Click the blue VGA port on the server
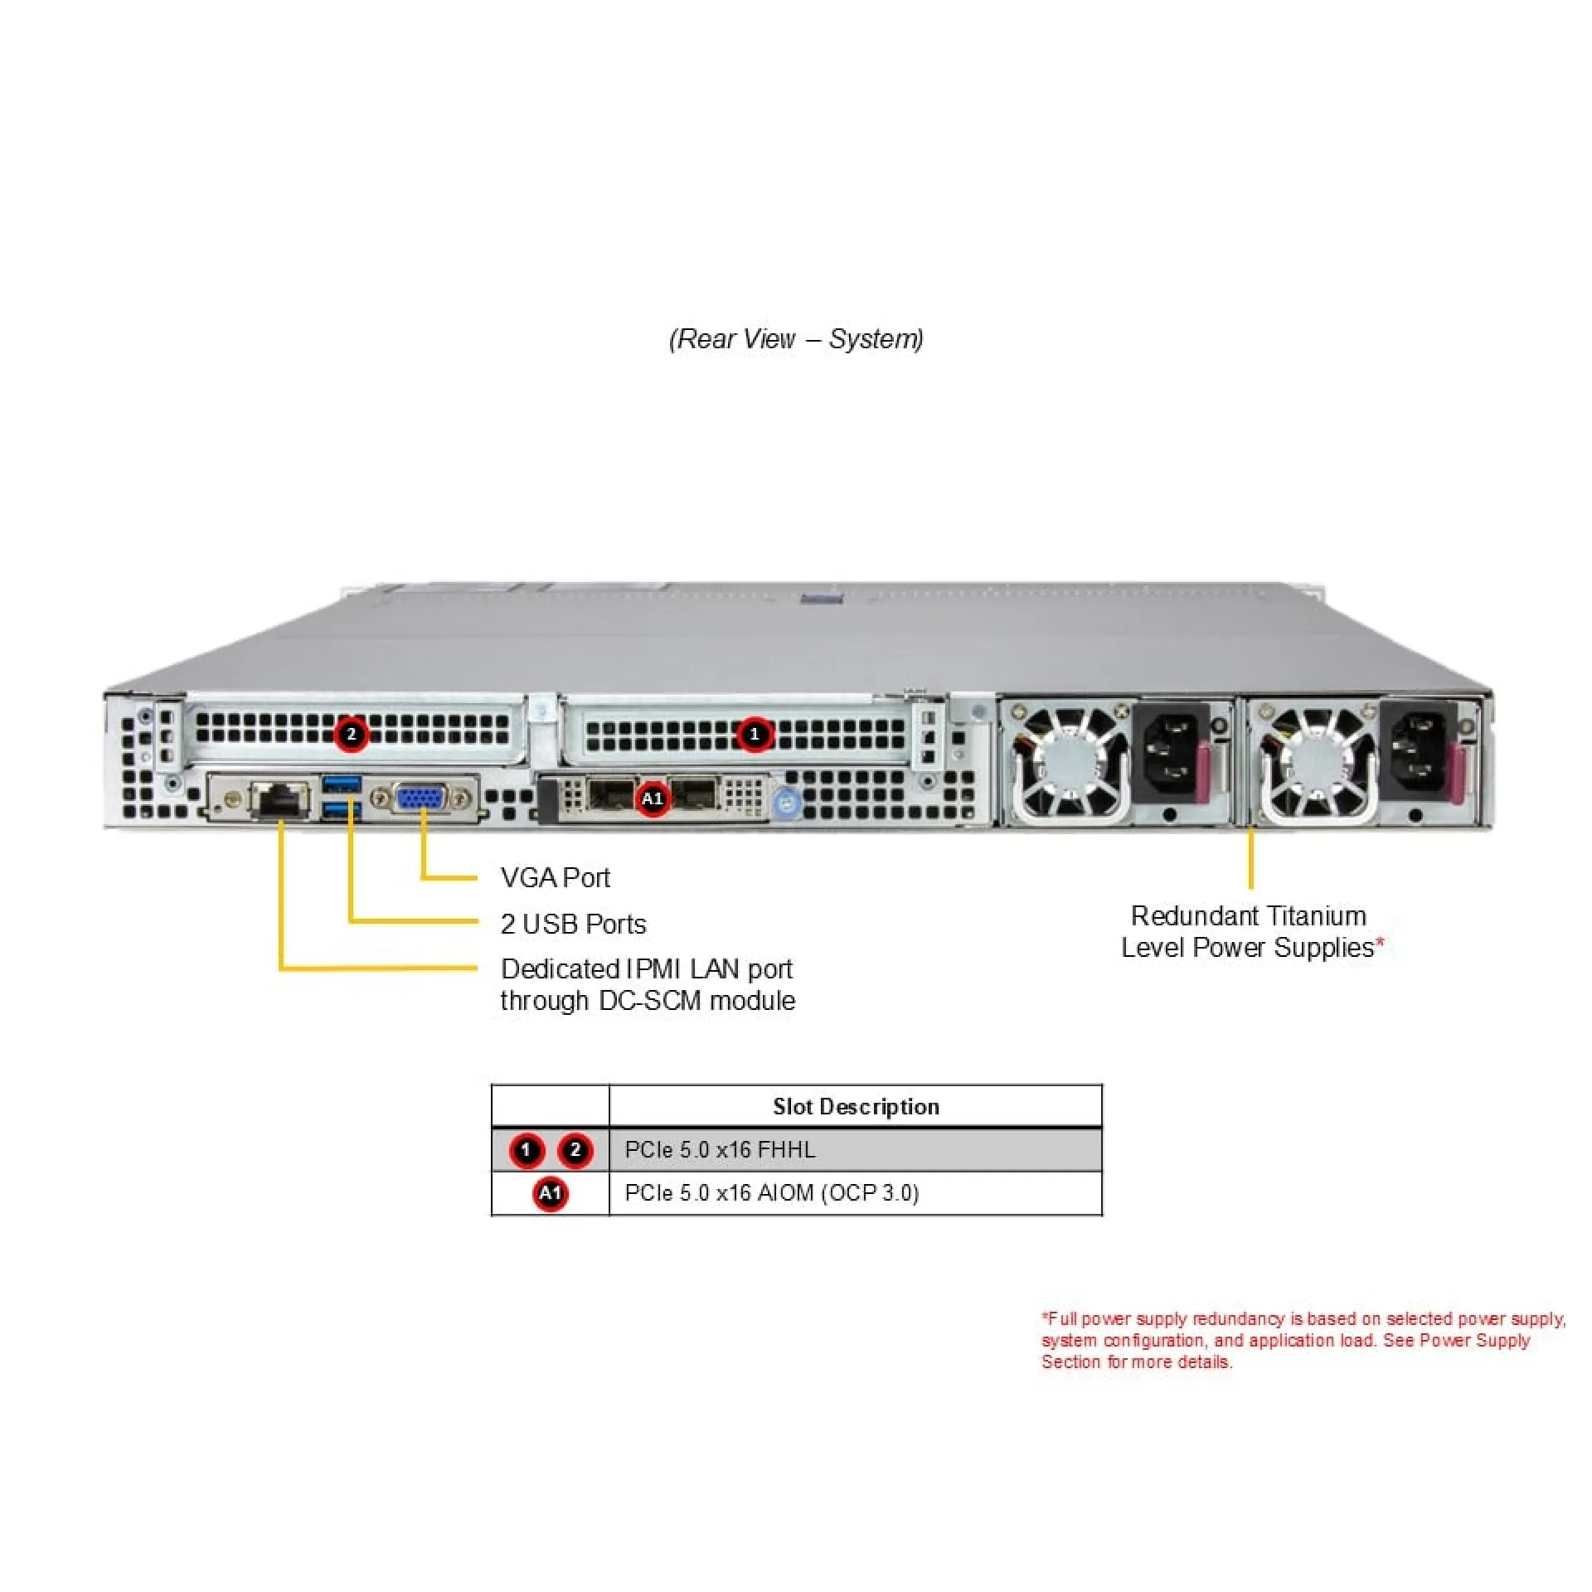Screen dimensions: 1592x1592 click(422, 799)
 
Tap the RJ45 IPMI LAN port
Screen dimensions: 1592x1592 click(282, 799)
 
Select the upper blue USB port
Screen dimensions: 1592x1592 click(342, 783)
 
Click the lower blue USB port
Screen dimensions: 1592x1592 click(342, 810)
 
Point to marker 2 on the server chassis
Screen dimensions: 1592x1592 click(352, 735)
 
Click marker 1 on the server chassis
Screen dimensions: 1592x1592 click(754, 735)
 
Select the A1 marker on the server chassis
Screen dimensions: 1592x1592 click(653, 798)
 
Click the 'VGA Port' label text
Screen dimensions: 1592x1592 click(555, 877)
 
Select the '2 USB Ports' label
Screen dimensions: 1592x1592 click(573, 924)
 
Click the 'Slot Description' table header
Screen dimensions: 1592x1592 click(856, 1106)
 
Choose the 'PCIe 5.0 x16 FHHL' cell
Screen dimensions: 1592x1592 click(720, 1150)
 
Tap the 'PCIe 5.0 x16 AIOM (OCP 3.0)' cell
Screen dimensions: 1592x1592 click(771, 1193)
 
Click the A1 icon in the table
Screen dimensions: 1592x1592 click(550, 1193)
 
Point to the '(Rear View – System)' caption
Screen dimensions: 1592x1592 click(796, 338)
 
